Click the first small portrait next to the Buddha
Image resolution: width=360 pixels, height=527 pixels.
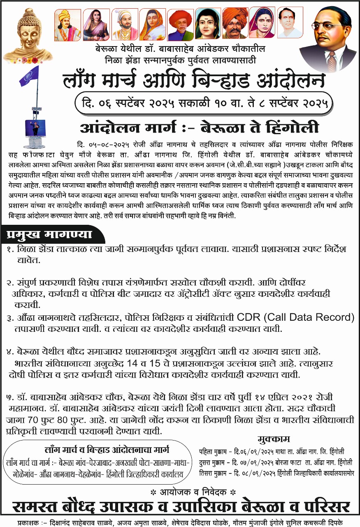click(x=67, y=25)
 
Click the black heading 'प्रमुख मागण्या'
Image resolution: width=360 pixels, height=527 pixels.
click(x=49, y=235)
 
